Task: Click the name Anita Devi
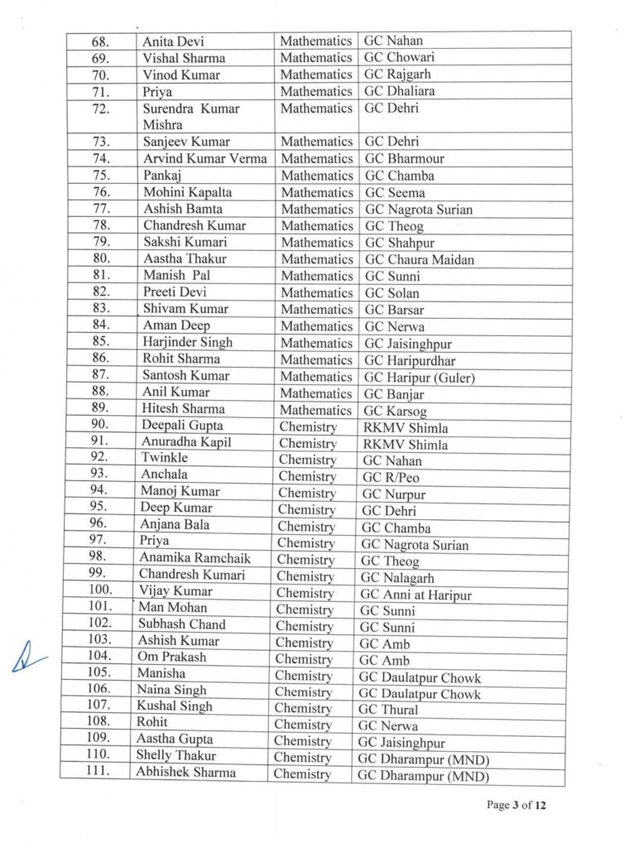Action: [x=175, y=41]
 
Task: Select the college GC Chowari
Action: [x=399, y=57]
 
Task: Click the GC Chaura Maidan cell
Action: [x=420, y=259]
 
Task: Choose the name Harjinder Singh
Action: [x=188, y=342]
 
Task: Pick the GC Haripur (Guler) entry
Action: [x=420, y=377]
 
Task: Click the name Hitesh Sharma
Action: [x=183, y=409]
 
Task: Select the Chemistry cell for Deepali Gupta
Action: [x=308, y=426]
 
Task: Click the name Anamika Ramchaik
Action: [x=195, y=558]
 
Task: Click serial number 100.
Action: [x=99, y=591]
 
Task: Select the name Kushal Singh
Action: [x=175, y=706]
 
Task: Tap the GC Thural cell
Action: [x=388, y=710]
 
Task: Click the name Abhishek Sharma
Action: [x=185, y=773]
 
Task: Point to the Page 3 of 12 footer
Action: [x=516, y=804]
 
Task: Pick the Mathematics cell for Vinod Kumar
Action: [x=315, y=75]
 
